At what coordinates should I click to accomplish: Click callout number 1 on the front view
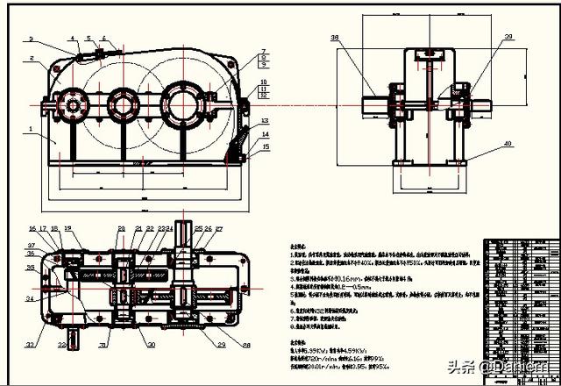[x=31, y=129]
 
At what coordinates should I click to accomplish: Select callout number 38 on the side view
[x=335, y=38]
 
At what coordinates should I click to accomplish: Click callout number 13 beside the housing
[x=264, y=120]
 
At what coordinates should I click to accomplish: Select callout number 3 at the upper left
[x=31, y=39]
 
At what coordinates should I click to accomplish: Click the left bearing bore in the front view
[x=70, y=106]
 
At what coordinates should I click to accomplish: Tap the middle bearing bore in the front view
[x=122, y=106]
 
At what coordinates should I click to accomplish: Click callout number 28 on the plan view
[x=246, y=345]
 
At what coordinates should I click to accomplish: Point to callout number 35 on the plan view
[x=31, y=267]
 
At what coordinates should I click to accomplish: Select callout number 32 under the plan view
[x=61, y=346]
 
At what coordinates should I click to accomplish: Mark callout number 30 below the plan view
[x=151, y=345]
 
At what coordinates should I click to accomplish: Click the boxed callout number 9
[x=263, y=65]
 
